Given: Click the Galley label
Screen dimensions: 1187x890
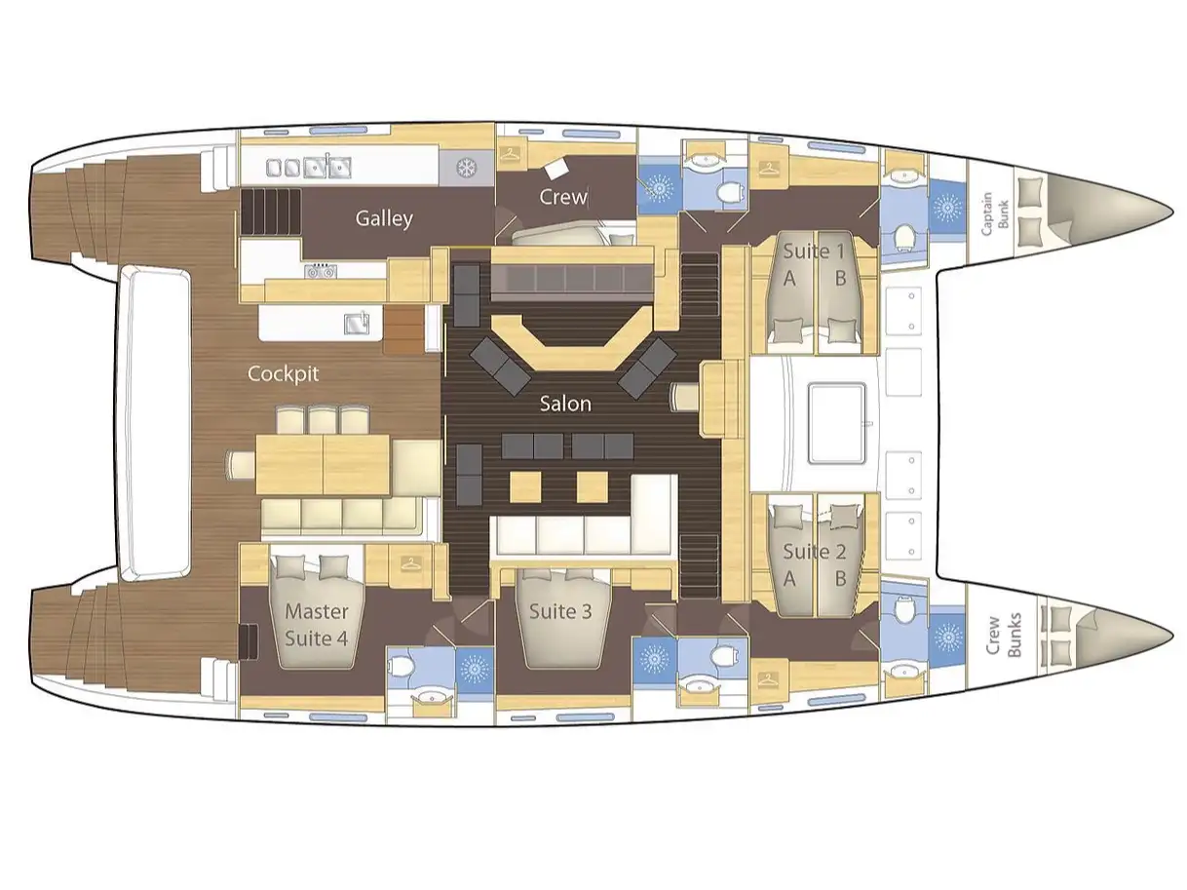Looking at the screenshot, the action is (x=384, y=218).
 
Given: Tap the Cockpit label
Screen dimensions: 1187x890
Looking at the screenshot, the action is (x=283, y=374).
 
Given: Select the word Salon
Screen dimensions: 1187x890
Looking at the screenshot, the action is (x=565, y=404).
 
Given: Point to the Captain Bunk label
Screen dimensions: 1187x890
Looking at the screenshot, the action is (x=994, y=213).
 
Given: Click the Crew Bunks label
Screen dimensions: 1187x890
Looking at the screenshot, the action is (x=1004, y=635).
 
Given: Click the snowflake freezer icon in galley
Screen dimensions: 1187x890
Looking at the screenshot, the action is (x=465, y=168).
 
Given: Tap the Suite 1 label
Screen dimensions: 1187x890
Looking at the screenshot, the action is (x=814, y=251).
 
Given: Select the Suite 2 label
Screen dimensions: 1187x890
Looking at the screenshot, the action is (x=814, y=552).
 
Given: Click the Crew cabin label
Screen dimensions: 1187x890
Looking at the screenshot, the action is (x=563, y=197).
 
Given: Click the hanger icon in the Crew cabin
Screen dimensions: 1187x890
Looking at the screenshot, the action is (x=509, y=155).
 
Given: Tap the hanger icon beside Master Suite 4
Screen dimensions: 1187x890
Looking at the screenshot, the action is (x=411, y=563).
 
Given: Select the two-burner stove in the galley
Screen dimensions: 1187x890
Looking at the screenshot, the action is (x=320, y=271).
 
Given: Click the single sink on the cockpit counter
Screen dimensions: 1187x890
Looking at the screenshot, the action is (x=356, y=323).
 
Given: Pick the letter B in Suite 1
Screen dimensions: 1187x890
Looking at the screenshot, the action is (x=840, y=278).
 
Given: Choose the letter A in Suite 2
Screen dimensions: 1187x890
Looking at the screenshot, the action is (x=789, y=579).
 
